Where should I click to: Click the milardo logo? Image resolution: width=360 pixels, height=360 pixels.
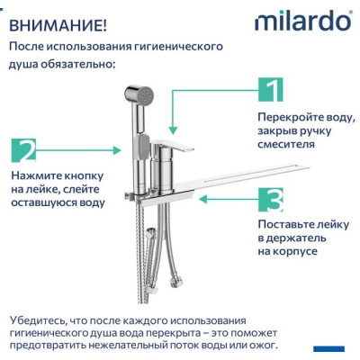click(x=303, y=21)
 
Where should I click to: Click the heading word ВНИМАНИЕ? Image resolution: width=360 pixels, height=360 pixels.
click(x=58, y=25)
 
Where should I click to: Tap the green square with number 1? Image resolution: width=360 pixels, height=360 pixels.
click(x=270, y=89)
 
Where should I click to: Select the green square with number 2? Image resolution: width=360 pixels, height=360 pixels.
click(x=23, y=150)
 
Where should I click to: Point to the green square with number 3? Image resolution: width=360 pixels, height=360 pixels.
click(x=270, y=200)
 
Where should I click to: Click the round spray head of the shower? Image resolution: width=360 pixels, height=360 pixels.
click(x=139, y=94)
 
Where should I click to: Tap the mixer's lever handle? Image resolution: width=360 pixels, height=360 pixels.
click(x=173, y=145)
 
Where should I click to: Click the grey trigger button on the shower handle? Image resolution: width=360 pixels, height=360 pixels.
click(x=143, y=147)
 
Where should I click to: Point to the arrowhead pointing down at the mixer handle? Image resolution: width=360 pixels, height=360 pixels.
click(x=173, y=130)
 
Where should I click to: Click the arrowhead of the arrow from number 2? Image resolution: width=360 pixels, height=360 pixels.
click(x=117, y=150)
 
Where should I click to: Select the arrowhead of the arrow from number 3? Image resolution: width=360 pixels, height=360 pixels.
click(x=203, y=199)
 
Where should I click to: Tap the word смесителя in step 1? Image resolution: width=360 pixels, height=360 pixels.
click(x=286, y=144)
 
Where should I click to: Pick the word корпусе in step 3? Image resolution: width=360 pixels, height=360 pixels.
click(x=295, y=251)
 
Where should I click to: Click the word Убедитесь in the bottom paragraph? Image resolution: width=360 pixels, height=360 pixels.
click(x=37, y=320)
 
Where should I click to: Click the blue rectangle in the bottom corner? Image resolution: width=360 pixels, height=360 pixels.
click(x=329, y=348)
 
